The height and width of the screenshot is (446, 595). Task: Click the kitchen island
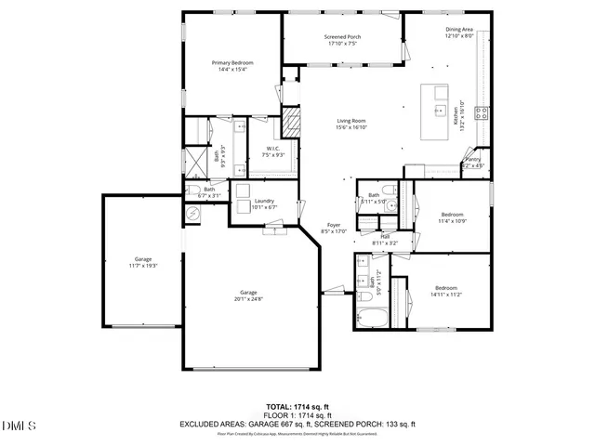(x=434, y=110)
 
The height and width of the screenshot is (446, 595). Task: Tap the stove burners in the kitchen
(x=482, y=113)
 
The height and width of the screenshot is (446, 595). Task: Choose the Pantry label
(x=474, y=161)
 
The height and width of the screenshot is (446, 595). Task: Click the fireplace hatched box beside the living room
(x=293, y=120)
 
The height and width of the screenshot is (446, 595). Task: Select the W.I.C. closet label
(x=273, y=151)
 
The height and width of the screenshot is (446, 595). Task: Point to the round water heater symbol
(x=193, y=215)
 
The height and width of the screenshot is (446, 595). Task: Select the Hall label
(x=384, y=239)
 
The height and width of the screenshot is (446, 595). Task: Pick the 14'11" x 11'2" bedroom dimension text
(x=447, y=295)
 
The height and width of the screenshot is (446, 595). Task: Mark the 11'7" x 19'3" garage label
(x=142, y=264)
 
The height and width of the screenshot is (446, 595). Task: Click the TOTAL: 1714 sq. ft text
(x=297, y=407)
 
